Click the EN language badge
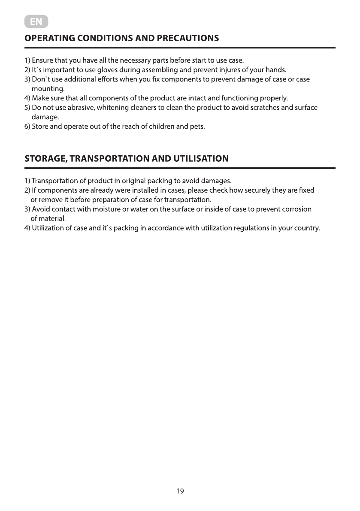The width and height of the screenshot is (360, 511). tap(36, 21)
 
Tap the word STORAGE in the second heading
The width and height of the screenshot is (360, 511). tap(45, 159)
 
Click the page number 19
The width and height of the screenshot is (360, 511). tap(180, 491)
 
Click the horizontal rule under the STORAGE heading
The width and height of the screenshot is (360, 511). tap(180, 168)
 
